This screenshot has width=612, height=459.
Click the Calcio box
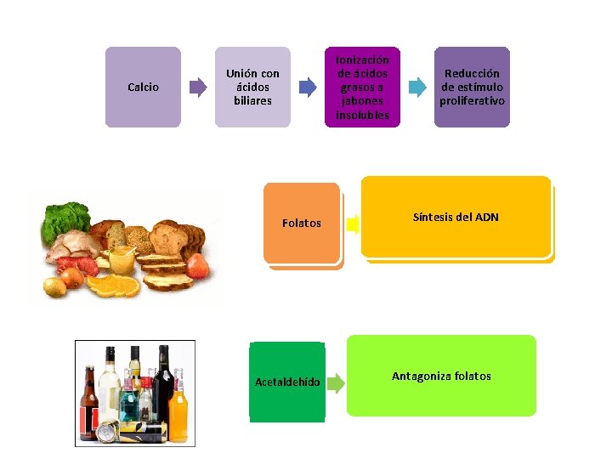coord(143,87)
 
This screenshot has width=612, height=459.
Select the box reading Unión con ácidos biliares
coord(252,87)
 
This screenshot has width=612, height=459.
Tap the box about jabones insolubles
coord(362,87)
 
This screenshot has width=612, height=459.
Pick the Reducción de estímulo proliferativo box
coord(472,87)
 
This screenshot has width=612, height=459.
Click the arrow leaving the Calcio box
coord(198,87)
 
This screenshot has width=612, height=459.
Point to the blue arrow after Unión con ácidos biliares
coord(308,87)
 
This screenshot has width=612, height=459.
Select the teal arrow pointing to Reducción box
coord(417,87)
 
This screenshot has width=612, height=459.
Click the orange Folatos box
coord(302,224)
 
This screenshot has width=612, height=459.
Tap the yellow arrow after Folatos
coord(353,224)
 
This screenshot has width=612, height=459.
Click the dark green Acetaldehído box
coord(287,382)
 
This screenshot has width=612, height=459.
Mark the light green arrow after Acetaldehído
coord(336,383)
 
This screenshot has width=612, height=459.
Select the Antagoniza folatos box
coord(441,376)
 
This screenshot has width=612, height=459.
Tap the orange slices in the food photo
coord(113,286)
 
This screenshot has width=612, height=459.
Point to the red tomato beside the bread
coord(198,266)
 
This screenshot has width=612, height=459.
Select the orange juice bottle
coord(178,406)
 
